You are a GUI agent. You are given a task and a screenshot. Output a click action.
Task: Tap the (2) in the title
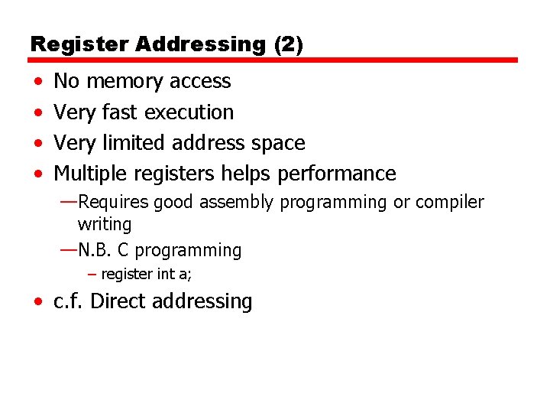(x=288, y=44)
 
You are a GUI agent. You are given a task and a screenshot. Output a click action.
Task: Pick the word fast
(x=118, y=112)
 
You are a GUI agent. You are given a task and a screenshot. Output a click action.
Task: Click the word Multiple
(x=94, y=174)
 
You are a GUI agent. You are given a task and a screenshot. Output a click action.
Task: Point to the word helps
(x=245, y=174)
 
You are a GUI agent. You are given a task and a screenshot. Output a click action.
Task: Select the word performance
(x=336, y=174)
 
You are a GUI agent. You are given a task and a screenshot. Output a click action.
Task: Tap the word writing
(x=105, y=225)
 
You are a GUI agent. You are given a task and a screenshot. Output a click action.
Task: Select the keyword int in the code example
(x=160, y=274)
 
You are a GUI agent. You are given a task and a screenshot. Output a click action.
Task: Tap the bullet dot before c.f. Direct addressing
(x=38, y=302)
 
